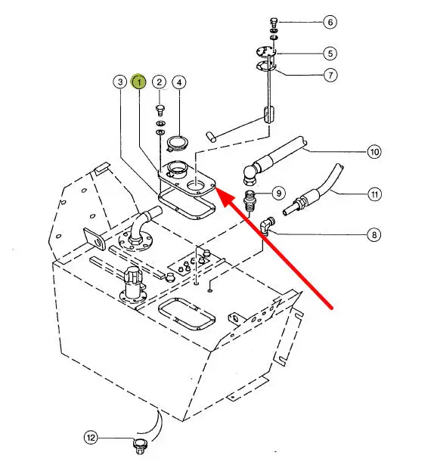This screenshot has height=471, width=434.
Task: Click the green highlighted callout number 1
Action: [x=139, y=82]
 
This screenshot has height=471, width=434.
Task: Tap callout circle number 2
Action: [x=160, y=82]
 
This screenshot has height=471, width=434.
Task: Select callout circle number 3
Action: [x=120, y=82]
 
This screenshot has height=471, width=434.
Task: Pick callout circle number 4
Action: [x=179, y=82]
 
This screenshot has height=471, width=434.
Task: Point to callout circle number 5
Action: [x=330, y=54]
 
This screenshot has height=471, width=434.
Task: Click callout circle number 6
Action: [x=330, y=22]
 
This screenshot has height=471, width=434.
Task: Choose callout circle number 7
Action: [x=330, y=75]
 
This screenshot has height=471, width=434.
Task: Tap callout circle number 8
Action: [x=374, y=234]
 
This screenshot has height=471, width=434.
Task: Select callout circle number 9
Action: [x=279, y=193]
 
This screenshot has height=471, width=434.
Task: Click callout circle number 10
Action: [x=374, y=152]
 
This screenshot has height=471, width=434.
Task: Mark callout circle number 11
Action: [x=374, y=194]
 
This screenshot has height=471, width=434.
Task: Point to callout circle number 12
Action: [x=91, y=438]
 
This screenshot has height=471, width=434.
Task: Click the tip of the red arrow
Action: [x=216, y=187]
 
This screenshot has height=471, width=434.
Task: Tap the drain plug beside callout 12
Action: [x=140, y=446]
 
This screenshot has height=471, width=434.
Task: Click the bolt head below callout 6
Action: [x=273, y=22]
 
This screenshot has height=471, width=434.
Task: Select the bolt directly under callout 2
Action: [x=160, y=110]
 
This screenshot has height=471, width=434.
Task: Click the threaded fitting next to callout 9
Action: [x=250, y=200]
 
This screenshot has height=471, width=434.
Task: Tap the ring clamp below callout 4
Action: [x=177, y=143]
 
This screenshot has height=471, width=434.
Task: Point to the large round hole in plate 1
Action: [x=196, y=187]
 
